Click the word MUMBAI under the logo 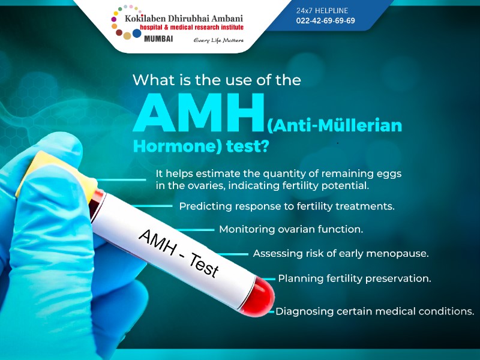point(159,38)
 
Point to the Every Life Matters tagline point(218,40)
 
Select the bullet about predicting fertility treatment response point(287,206)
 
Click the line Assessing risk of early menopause point(341,253)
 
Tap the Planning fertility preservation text point(355,278)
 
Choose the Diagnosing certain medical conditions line point(375,311)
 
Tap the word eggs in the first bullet point(386,173)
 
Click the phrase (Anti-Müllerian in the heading point(334,127)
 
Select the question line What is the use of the point(216,79)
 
